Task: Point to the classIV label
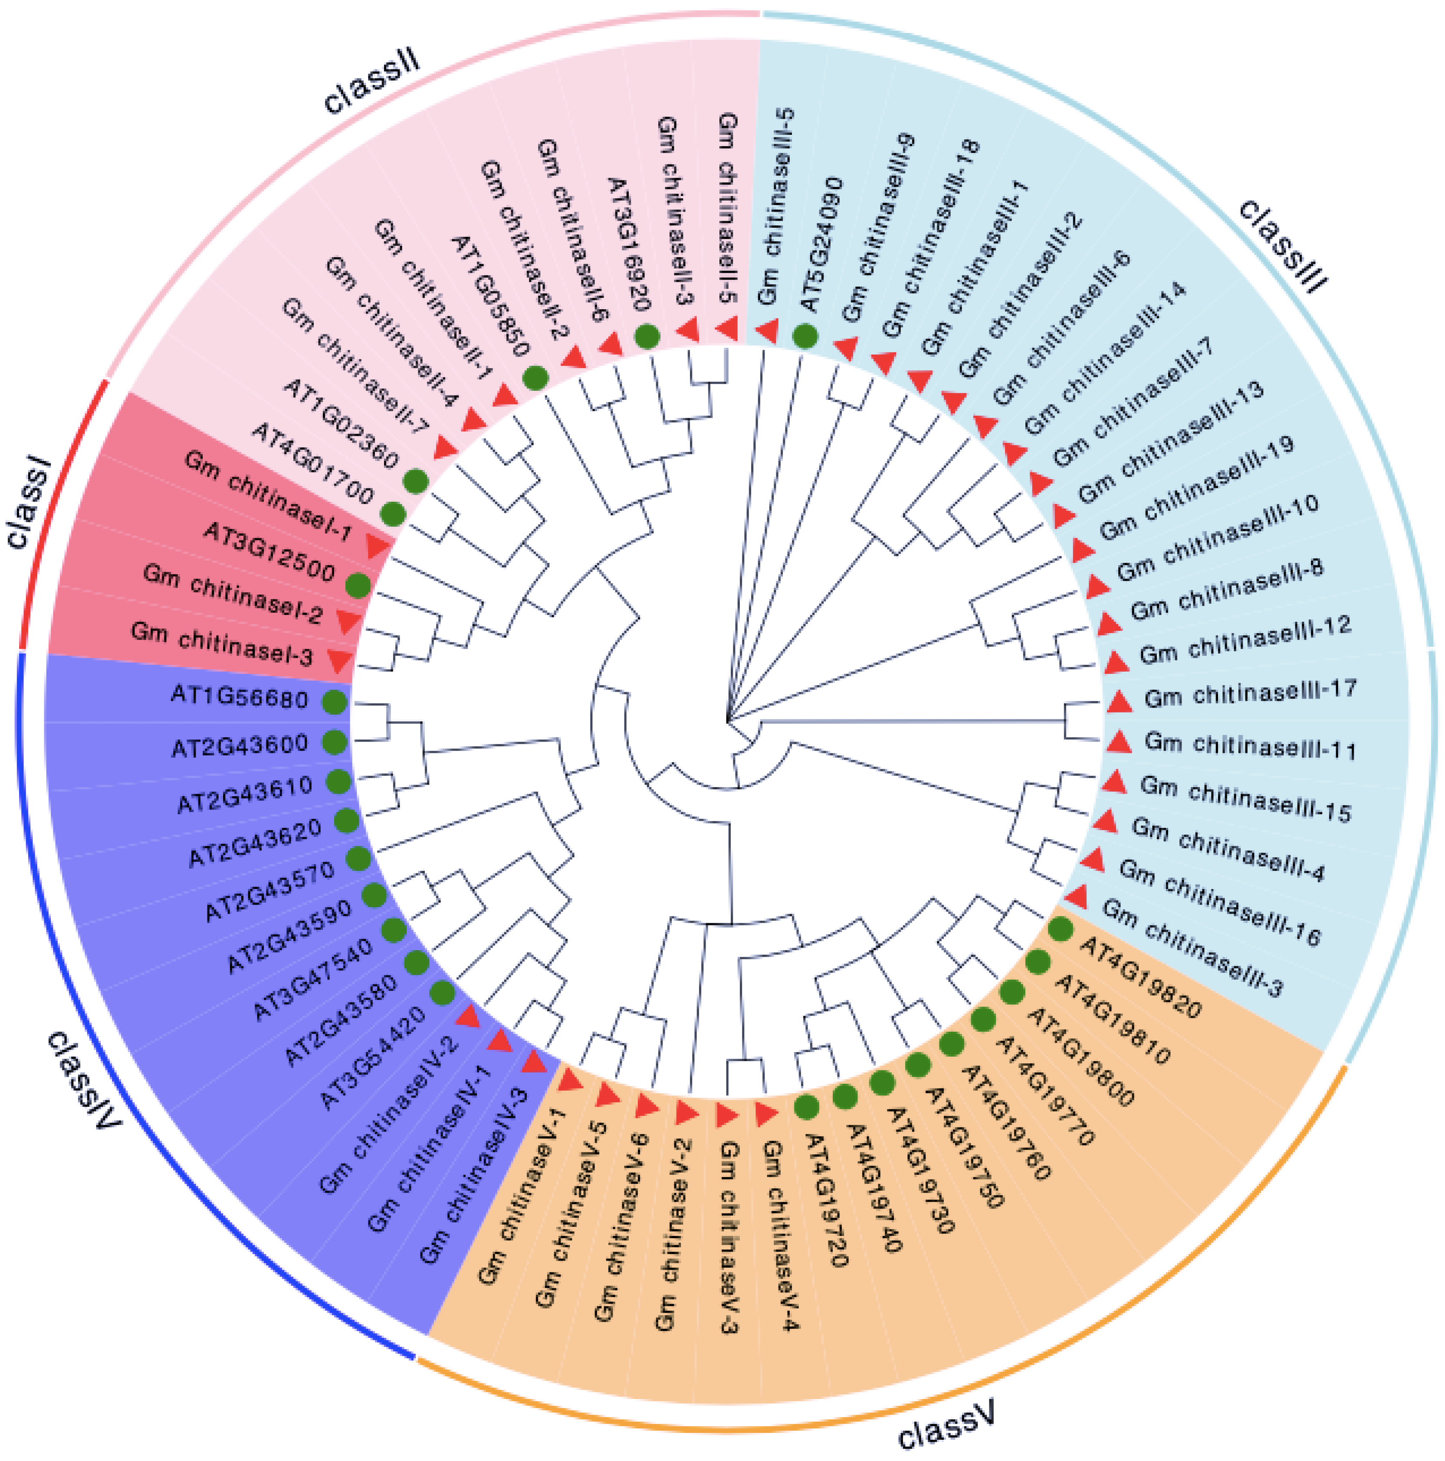[83, 1082]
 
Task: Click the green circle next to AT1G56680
[335, 702]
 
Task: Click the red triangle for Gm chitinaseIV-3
[534, 1062]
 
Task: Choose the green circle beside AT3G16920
[647, 336]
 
